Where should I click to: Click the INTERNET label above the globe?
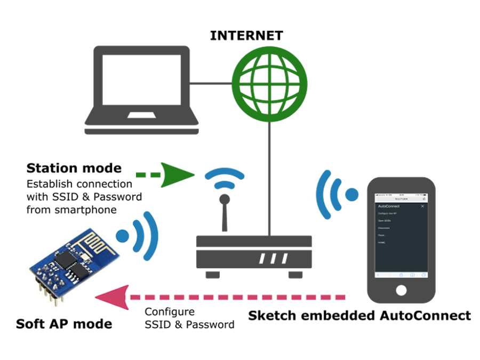(246, 36)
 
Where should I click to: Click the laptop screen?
(141, 80)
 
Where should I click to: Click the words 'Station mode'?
(74, 169)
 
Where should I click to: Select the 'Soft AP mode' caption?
(64, 324)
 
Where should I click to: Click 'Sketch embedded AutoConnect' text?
(359, 316)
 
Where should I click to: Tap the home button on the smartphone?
(402, 290)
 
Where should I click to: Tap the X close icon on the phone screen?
(423, 205)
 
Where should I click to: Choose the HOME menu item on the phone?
(381, 242)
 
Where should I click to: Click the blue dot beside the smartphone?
(352, 195)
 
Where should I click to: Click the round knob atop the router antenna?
(225, 199)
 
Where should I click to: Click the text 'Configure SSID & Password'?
(189, 318)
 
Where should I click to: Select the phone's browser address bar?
(401, 198)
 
